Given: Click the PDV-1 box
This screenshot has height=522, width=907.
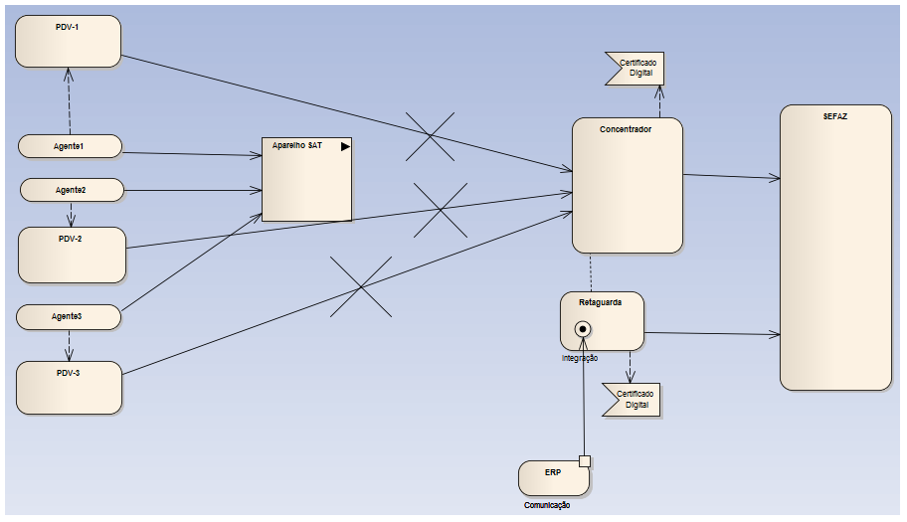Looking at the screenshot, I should click(x=68, y=42).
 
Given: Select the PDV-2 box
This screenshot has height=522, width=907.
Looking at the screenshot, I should click(x=72, y=255).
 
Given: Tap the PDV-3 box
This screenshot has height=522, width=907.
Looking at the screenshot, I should click(x=69, y=388).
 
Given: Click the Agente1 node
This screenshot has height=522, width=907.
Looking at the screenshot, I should click(x=70, y=146).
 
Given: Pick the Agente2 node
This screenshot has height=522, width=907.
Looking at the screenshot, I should click(x=72, y=189).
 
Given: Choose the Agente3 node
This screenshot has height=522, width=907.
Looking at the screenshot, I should click(x=69, y=316).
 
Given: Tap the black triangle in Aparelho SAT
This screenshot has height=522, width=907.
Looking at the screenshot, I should click(x=345, y=146).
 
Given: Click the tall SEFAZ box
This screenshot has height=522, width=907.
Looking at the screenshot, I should click(x=834, y=249).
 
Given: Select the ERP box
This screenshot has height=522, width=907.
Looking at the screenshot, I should click(x=553, y=477).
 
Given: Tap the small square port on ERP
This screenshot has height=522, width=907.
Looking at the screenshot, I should click(x=585, y=460).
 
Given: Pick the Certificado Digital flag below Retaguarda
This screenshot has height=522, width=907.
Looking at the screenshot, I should click(x=632, y=400).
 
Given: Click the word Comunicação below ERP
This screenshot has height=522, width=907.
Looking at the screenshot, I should click(x=547, y=505).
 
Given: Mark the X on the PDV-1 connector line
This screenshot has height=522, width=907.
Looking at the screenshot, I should click(x=430, y=135).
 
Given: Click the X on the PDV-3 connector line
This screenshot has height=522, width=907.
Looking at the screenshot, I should click(x=360, y=287).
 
